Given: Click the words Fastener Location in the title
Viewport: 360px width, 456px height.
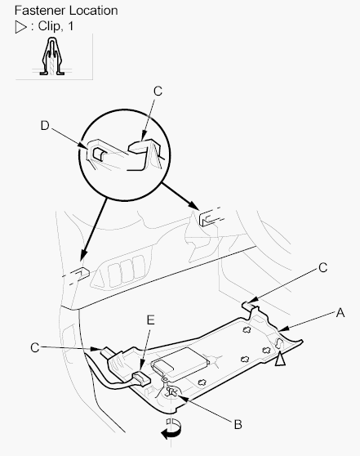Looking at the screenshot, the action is pos(66,11).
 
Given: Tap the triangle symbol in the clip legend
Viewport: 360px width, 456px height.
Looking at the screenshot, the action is pos(20,27).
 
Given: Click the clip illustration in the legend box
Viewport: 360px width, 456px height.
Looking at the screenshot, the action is pos(52,56).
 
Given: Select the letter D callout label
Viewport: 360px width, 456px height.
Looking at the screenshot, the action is pos(45,126).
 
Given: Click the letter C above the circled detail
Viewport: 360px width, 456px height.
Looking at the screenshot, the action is pos(158,92).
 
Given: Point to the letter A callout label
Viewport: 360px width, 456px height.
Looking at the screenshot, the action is pos(340,313).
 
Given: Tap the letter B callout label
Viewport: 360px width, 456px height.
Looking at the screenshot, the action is pos(238,424).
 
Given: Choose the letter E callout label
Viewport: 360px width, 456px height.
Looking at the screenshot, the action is pos(150,320).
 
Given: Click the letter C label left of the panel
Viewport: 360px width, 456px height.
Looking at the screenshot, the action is pos(35,348).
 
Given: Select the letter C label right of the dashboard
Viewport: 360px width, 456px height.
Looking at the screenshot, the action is pos(322,268).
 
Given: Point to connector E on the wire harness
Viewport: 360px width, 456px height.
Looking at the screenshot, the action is pos(141,379).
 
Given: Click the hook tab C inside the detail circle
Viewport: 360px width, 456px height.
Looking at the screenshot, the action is pos(145,154).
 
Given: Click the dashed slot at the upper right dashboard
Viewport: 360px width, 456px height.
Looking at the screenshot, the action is pos(211,217).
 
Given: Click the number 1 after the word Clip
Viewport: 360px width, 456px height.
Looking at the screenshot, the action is pos(70,26).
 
